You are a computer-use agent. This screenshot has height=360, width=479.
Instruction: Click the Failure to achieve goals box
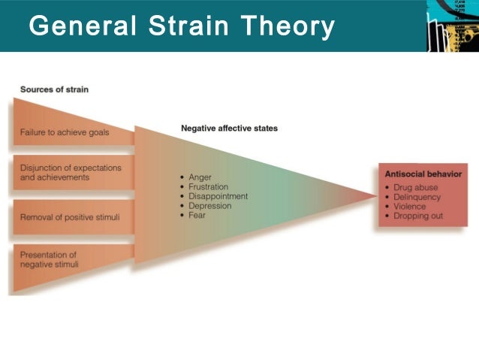65,132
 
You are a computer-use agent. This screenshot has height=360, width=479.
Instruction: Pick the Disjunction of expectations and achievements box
70,172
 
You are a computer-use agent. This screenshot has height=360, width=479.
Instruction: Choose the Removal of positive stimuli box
68,218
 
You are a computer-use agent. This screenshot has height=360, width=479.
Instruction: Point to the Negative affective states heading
229,129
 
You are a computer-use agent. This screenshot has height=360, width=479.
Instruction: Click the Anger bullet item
200,177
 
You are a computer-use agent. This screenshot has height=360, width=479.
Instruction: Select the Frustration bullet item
208,187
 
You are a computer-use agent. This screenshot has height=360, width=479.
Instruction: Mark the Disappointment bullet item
218,197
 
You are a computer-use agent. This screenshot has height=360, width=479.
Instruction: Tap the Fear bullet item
197,216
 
